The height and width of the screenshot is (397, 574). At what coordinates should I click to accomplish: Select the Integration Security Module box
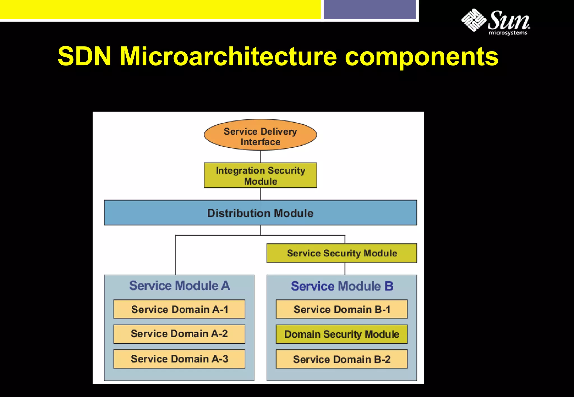[260, 175]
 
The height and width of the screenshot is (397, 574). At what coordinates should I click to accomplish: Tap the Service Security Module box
[342, 253]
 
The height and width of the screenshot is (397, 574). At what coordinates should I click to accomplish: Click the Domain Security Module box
[342, 334]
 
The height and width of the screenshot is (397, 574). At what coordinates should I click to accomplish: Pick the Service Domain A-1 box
[179, 309]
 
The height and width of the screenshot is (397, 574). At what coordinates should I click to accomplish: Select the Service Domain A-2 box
[179, 334]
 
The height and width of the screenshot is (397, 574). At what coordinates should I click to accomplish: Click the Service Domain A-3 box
[179, 359]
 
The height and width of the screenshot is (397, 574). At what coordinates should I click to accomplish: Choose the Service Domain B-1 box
[342, 309]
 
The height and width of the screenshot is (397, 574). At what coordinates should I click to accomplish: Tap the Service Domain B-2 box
[342, 359]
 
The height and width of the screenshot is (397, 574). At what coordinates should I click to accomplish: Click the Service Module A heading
[179, 286]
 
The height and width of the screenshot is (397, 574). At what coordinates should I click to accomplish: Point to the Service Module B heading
[342, 286]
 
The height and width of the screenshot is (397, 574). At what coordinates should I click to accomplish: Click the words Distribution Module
[260, 213]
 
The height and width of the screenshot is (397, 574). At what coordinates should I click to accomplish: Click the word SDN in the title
[84, 56]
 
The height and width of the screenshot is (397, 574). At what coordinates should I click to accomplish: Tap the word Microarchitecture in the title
[228, 56]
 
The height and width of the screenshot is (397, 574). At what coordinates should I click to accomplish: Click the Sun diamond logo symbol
[474, 20]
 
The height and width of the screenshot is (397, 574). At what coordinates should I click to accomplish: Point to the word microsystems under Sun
[508, 33]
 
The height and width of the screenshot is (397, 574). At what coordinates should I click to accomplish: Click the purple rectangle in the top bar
[370, 10]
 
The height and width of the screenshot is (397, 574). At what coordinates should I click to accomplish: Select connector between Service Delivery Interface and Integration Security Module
[261, 157]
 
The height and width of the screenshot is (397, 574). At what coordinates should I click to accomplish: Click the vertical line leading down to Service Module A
[176, 255]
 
